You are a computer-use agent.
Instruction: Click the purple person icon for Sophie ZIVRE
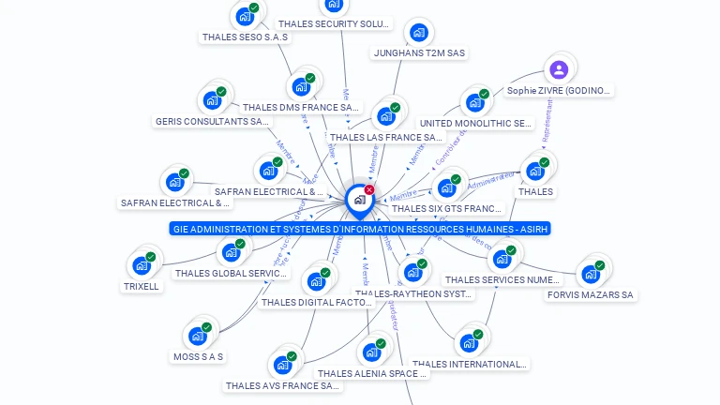(x=559, y=69)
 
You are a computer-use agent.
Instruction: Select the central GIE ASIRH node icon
(x=359, y=200)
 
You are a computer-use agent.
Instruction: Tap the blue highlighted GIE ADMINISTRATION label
(x=360, y=229)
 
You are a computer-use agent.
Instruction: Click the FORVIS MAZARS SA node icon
(x=591, y=274)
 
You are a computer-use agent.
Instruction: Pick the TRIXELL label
(x=142, y=286)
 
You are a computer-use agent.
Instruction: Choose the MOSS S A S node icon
(x=198, y=336)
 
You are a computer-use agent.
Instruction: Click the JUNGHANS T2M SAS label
(x=419, y=53)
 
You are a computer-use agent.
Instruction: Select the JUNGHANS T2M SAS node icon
(x=419, y=33)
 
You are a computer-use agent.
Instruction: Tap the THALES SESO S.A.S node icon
(x=245, y=16)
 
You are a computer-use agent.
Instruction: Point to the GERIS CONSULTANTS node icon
(x=212, y=100)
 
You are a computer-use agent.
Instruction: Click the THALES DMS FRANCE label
(x=300, y=108)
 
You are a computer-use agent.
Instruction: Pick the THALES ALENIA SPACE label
(x=372, y=373)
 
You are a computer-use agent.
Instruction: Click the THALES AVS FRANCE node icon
(x=282, y=365)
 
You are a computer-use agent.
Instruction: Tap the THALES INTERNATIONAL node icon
(x=468, y=343)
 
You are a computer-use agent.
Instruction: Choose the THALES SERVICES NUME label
(x=502, y=279)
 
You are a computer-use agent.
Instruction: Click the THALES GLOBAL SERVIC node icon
(x=231, y=252)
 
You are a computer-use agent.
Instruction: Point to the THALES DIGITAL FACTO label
(x=316, y=302)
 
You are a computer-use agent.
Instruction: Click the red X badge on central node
(x=369, y=189)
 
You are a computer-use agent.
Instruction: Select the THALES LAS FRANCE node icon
(x=385, y=116)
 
